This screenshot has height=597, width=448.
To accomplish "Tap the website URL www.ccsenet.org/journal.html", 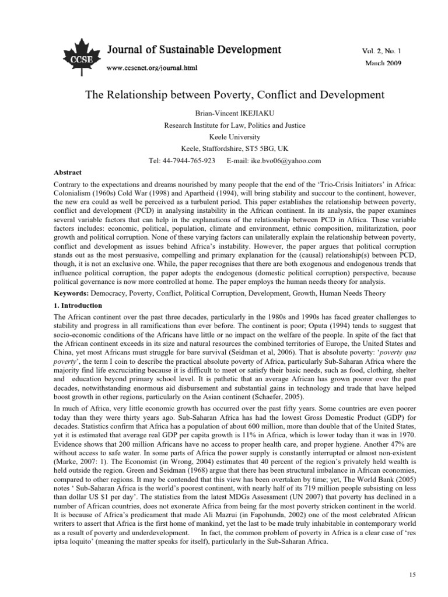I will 152,68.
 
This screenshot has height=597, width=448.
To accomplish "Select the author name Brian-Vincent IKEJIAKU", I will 223,112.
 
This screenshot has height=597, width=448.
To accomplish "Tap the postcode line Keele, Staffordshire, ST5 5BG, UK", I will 223,148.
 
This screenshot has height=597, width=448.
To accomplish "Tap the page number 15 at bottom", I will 412,575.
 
